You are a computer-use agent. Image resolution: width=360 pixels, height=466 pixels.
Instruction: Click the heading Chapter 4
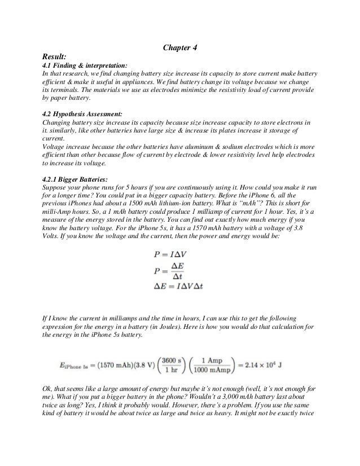[180, 49]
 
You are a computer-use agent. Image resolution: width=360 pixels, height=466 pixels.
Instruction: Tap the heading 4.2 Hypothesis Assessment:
[82, 113]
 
